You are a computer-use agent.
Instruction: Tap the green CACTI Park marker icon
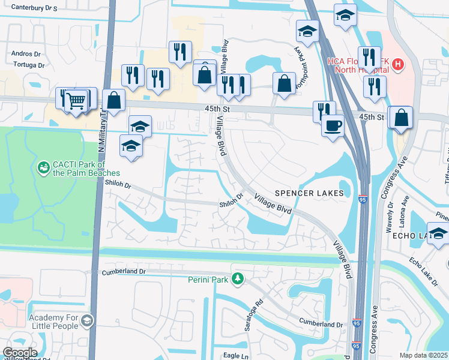pos(43,166)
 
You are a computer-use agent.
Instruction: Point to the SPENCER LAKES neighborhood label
pos(309,193)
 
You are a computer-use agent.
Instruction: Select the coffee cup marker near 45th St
pos(332,126)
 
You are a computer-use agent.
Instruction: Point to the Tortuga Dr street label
pos(28,65)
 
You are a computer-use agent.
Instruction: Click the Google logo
pos(20,353)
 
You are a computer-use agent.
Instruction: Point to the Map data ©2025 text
pos(424,355)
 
